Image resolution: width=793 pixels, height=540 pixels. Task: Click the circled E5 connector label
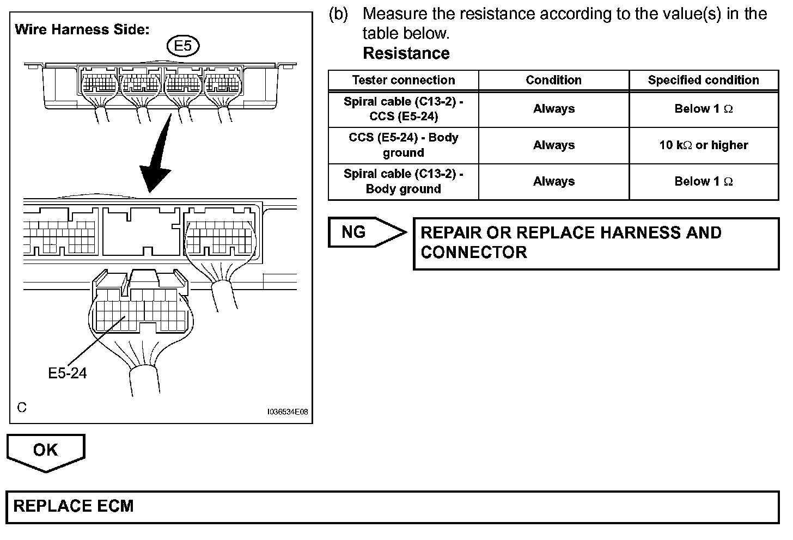(183, 46)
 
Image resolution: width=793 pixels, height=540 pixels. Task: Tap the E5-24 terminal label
(68, 373)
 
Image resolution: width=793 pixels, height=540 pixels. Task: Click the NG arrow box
(366, 232)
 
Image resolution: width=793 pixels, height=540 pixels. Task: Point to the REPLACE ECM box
(392, 506)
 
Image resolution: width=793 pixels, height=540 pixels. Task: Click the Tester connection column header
(403, 80)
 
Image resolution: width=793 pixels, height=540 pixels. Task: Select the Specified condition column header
(703, 80)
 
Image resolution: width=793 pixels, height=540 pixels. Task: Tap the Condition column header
(553, 80)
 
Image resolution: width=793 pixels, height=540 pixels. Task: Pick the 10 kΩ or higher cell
(703, 145)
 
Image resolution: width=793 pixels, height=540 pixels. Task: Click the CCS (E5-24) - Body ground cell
(403, 145)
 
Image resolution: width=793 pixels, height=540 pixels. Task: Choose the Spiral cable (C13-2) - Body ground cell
(403, 181)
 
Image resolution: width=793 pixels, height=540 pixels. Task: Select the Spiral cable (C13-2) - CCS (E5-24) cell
(403, 109)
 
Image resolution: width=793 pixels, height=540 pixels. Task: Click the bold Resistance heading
(406, 53)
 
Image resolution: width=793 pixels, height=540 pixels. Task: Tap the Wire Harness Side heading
(82, 29)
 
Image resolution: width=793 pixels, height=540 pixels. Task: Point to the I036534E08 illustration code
(288, 412)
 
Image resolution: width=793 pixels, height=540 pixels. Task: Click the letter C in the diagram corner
(22, 407)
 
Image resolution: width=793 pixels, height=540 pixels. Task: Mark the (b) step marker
(338, 14)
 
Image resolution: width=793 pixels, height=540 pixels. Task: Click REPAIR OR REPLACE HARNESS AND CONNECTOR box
(596, 243)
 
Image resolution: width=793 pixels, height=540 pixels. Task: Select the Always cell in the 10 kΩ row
(553, 145)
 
